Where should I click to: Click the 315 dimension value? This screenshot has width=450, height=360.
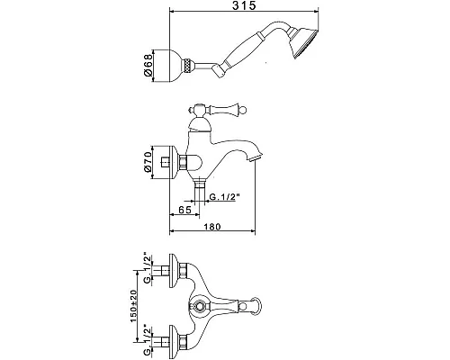pyautogui.click(x=245, y=5)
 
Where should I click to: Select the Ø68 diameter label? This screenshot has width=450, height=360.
pyautogui.click(x=148, y=66)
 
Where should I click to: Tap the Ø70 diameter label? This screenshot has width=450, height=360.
pyautogui.click(x=148, y=162)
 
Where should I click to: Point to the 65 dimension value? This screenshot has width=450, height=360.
pyautogui.click(x=184, y=210)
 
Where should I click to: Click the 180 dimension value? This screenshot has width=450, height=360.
pyautogui.click(x=212, y=227)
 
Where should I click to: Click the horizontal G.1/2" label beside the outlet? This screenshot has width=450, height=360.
pyautogui.click(x=225, y=197)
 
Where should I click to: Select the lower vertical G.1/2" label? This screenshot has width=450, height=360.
pyautogui.click(x=148, y=339)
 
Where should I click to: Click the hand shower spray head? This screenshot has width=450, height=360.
pyautogui.click(x=303, y=42)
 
